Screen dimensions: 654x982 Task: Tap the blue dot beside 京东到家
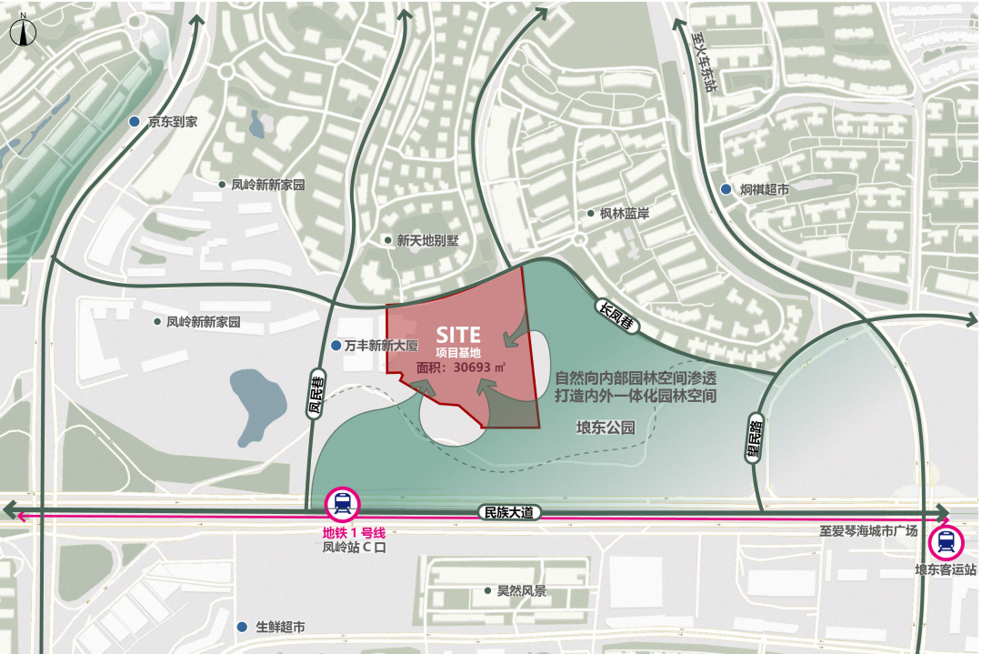coord(135,121)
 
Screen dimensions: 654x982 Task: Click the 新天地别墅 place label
coord(427,241)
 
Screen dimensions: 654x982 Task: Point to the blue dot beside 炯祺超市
coord(726,189)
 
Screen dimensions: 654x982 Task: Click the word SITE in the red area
coord(458,337)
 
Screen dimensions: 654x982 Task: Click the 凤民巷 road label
coord(316,397)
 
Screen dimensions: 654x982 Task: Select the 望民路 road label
coord(754,438)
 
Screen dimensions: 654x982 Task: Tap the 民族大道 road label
coord(509,513)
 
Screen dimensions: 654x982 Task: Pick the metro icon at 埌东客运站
coord(946,543)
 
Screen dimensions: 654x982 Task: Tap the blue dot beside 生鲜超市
coord(242,627)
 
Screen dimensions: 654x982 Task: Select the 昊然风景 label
coord(521,591)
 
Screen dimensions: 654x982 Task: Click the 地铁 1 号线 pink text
coord(348,532)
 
